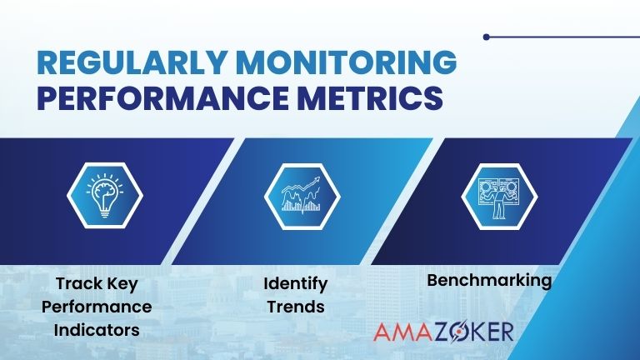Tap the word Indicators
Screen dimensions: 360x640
pos(96,329)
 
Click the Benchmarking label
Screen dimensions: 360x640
pos(489,280)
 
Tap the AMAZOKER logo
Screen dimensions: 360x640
pos(442,331)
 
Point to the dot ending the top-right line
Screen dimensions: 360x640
pos(487,37)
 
